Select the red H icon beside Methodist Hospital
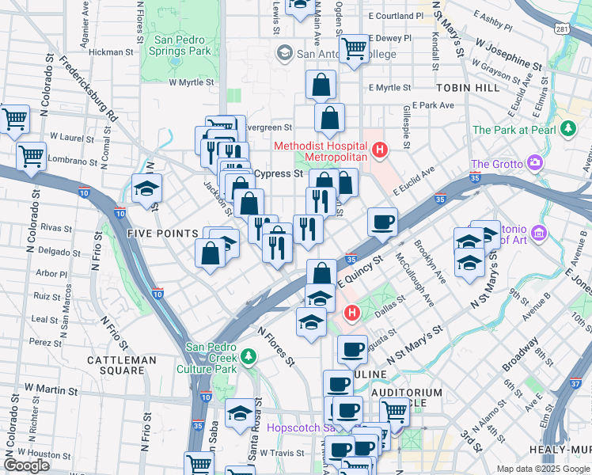click(x=380, y=148)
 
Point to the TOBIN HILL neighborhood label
click(x=467, y=88)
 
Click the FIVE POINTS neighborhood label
click(x=162, y=234)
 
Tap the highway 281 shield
click(x=561, y=29)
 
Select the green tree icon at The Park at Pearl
click(x=567, y=128)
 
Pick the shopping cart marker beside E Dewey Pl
click(x=356, y=49)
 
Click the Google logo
click(x=27, y=465)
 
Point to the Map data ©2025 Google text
click(x=542, y=469)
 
